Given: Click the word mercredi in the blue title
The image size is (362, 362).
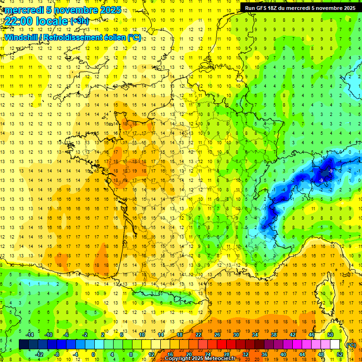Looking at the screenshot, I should (x=24, y=10).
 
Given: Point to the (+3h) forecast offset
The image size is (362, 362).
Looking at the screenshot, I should (x=79, y=21).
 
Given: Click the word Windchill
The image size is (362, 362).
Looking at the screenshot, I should (x=21, y=37).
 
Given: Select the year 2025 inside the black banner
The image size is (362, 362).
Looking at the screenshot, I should (x=346, y=8).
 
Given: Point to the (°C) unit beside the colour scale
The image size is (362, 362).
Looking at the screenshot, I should (x=351, y=345).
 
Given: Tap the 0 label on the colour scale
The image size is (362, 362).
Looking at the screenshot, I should (x=93, y=354).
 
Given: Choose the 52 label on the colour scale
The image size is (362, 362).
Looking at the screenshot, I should (x=340, y=354).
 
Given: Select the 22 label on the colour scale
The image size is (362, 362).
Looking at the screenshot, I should (x=198, y=334).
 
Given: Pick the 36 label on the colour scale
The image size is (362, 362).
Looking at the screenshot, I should (x=264, y=354).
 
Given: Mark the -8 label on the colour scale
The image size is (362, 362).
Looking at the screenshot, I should (x=57, y=354).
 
